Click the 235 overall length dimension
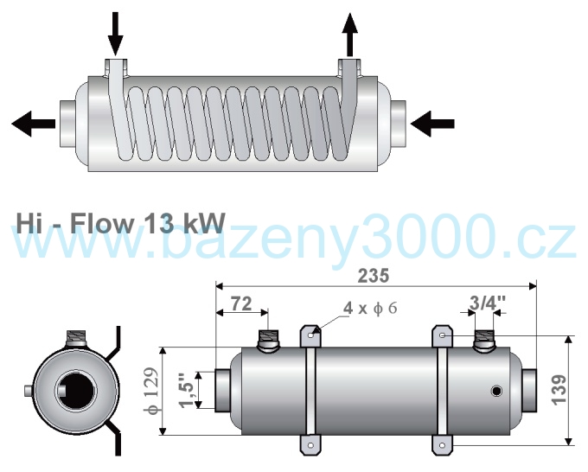[374, 276]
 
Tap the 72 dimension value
[241, 303]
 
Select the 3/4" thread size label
[488, 303]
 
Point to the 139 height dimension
[559, 390]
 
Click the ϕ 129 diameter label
[152, 391]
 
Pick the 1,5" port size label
[187, 390]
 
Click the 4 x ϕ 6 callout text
[370, 308]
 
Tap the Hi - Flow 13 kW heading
[120, 223]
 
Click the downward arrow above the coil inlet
[116, 33]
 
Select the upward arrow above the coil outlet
[350, 35]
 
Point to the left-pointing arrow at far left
[34, 124]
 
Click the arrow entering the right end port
[432, 124]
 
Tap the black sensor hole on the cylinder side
[496, 392]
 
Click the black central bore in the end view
[76, 391]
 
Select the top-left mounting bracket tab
[310, 335]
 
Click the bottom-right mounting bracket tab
[443, 445]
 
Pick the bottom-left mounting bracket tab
[310, 445]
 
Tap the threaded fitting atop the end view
[76, 339]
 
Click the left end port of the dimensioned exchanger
[222, 391]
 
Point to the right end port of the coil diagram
[398, 124]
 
